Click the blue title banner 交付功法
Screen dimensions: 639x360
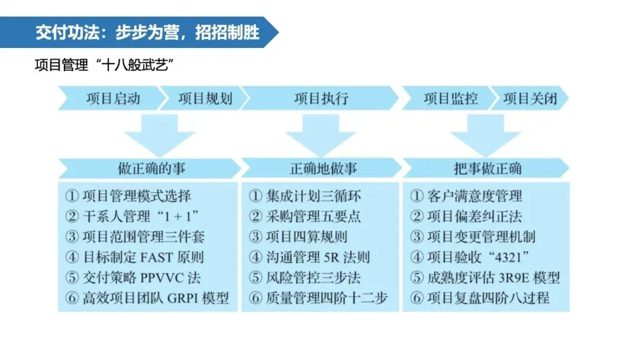click(138, 32)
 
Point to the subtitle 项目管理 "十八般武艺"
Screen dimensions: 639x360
click(104, 65)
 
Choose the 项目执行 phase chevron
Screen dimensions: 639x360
click(321, 98)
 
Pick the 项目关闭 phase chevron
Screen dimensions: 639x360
click(530, 98)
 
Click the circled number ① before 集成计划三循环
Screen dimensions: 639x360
click(256, 196)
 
